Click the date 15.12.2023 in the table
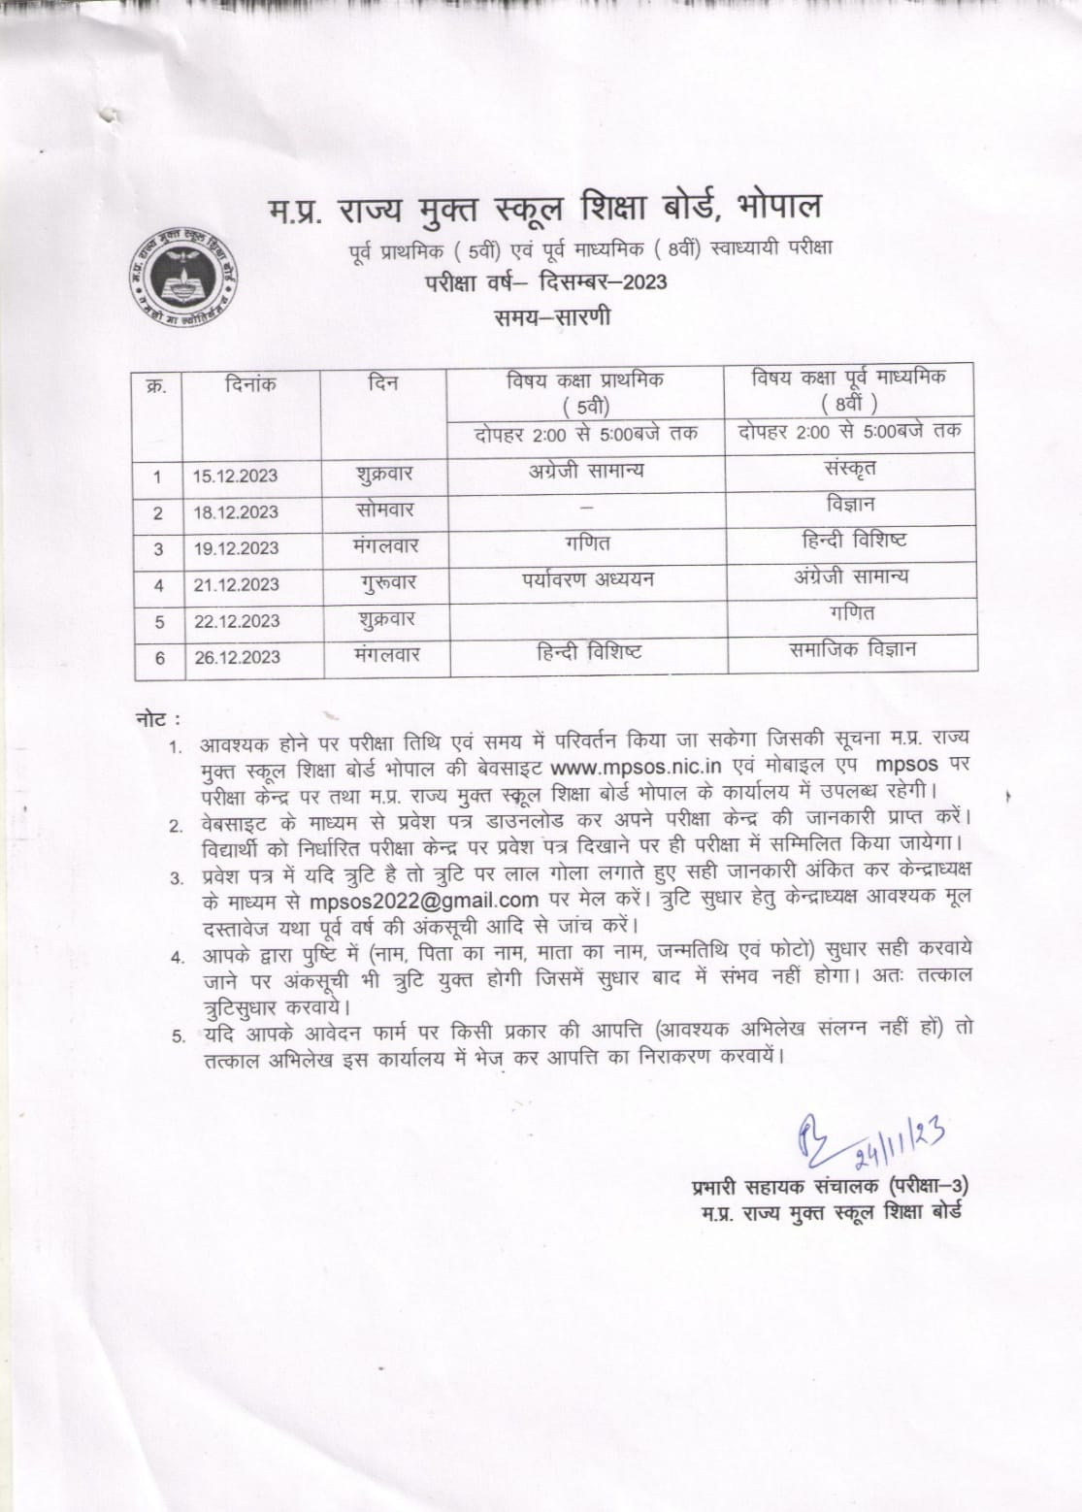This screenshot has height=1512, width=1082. [x=235, y=477]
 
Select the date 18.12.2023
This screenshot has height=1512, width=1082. [x=235, y=512]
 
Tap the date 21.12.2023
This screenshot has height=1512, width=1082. [x=235, y=585]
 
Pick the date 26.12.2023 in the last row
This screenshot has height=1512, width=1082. [x=235, y=658]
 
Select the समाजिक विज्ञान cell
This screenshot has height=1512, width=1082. [x=852, y=650]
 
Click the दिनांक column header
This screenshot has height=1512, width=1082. [x=249, y=385]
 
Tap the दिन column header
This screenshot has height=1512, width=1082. [x=383, y=385]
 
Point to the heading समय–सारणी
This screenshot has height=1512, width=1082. [x=549, y=316]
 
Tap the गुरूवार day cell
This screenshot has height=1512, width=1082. [x=385, y=583]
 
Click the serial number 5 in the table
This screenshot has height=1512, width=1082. [x=159, y=622]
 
